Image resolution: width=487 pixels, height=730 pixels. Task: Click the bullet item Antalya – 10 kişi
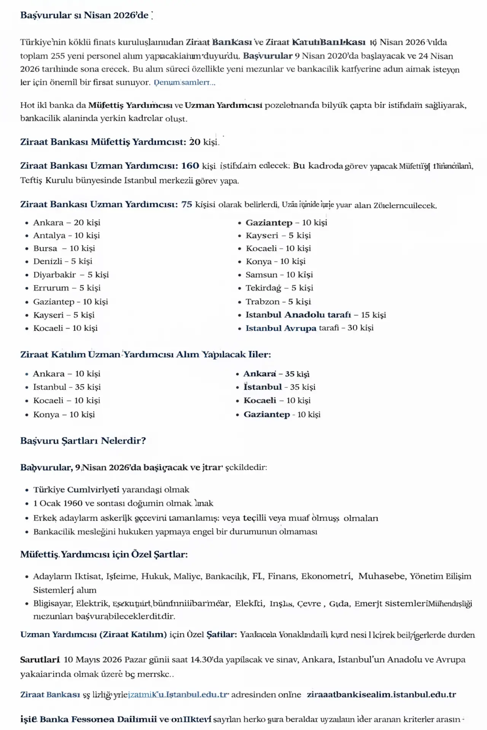[66, 235]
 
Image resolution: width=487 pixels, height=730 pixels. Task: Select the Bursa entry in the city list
[64, 248]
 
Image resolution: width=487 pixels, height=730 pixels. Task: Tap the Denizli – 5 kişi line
[62, 261]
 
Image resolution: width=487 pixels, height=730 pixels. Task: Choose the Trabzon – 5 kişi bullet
[278, 302]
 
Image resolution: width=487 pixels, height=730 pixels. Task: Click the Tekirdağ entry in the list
[279, 288]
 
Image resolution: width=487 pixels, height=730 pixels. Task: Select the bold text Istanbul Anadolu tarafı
[298, 315]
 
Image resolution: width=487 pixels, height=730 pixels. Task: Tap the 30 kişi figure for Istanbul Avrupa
[360, 328]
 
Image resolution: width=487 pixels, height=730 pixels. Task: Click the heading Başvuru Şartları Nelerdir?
[83, 441]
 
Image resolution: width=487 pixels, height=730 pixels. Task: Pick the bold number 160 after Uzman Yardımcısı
[190, 166]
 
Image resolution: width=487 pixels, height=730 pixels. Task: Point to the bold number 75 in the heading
[186, 205]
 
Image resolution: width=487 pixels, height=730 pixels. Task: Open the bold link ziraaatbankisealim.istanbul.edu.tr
[381, 695]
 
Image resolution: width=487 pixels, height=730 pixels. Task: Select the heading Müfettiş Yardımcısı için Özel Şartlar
[104, 554]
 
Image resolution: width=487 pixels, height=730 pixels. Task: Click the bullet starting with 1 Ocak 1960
[123, 503]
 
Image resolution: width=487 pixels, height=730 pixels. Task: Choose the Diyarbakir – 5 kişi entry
[71, 275]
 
